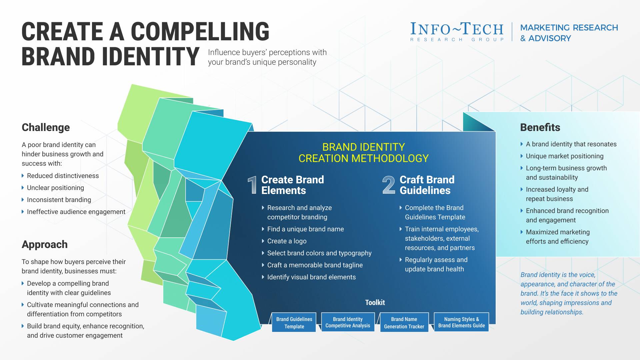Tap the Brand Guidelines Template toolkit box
294,322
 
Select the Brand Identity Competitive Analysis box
348,322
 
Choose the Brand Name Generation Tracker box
404,322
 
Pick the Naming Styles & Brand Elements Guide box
461,322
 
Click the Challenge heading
46,127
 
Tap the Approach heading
45,244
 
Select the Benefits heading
540,127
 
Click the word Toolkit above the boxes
375,302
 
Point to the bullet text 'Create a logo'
287,241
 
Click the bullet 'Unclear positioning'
55,188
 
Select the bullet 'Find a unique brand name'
305,229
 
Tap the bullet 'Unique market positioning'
565,156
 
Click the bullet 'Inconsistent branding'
59,200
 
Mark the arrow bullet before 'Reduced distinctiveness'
23,176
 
